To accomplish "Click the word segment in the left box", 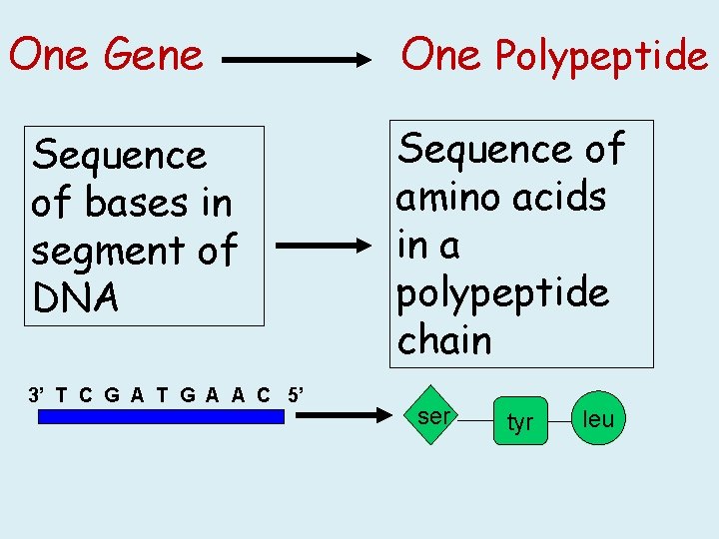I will (111, 251).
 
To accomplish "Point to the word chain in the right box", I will (444, 340).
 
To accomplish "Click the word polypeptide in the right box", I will (502, 292).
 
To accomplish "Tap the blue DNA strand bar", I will (161, 417).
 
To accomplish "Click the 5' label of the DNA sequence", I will (296, 393).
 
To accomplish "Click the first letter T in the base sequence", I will (62, 393).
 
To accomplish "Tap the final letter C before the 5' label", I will (264, 393).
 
